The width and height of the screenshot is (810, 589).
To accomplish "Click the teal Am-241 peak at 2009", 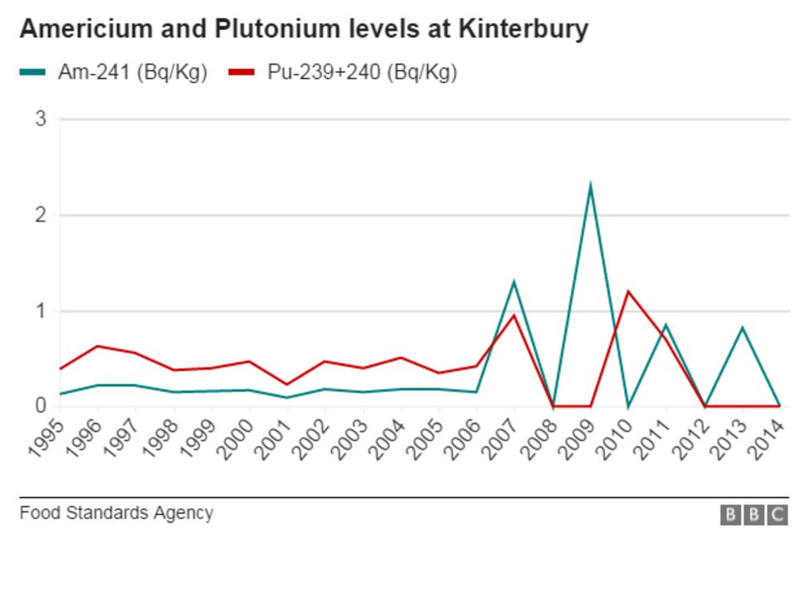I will [589, 185].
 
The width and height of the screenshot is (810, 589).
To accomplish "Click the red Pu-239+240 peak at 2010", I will [627, 291].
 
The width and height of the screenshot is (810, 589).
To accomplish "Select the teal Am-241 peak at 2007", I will [514, 282].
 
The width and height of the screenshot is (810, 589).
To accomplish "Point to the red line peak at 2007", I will [514, 315].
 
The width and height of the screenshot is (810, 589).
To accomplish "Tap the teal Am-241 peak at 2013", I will [742, 328].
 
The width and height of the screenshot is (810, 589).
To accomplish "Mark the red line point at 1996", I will [98, 346].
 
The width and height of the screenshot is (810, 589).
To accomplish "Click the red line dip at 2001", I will [287, 384].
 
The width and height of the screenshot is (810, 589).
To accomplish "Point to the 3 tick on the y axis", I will [41, 119].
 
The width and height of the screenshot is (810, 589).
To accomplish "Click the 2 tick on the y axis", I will [41, 216].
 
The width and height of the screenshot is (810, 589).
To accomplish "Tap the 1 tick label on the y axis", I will [41, 312].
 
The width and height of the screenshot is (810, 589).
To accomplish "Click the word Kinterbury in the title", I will [522, 29].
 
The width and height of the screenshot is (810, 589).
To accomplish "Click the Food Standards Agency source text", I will [116, 513].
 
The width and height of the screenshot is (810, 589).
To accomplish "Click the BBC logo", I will [754, 515].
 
